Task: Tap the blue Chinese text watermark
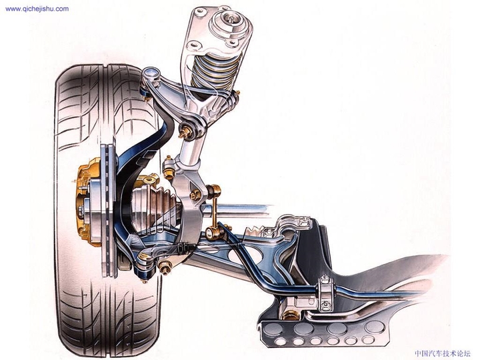[442, 353]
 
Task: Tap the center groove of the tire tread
[107, 80]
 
